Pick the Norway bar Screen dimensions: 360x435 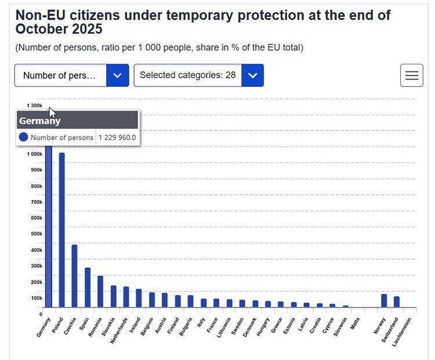point(384,301)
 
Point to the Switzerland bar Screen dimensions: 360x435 point(397,302)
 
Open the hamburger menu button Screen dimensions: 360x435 point(411,75)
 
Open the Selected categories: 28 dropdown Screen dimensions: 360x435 point(198,75)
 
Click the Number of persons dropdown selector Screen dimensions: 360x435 point(71,75)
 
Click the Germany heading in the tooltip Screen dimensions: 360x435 point(39,121)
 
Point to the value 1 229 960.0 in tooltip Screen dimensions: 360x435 point(117,137)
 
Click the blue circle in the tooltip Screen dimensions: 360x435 point(23,137)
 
